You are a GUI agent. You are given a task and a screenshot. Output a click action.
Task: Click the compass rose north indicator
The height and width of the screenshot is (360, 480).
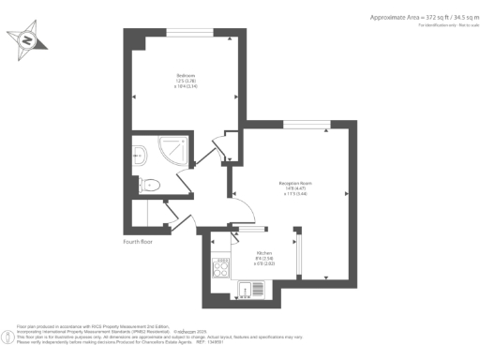click(x=27, y=40)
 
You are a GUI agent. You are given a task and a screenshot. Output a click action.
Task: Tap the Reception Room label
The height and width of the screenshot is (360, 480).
click(x=294, y=183)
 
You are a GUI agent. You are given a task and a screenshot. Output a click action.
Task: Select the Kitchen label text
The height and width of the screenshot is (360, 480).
click(x=265, y=252)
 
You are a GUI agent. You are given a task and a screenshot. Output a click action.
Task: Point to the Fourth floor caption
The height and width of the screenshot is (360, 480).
click(x=139, y=241)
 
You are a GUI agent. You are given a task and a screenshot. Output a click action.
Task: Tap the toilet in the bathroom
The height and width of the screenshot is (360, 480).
click(x=149, y=186)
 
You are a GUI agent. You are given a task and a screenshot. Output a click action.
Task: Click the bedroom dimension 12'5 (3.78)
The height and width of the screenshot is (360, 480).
click(x=187, y=82)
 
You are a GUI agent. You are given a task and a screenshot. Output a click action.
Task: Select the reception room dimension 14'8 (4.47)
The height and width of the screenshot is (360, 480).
click(x=294, y=189)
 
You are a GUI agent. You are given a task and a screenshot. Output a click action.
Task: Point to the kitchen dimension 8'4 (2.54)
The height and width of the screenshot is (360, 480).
click(x=264, y=259)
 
